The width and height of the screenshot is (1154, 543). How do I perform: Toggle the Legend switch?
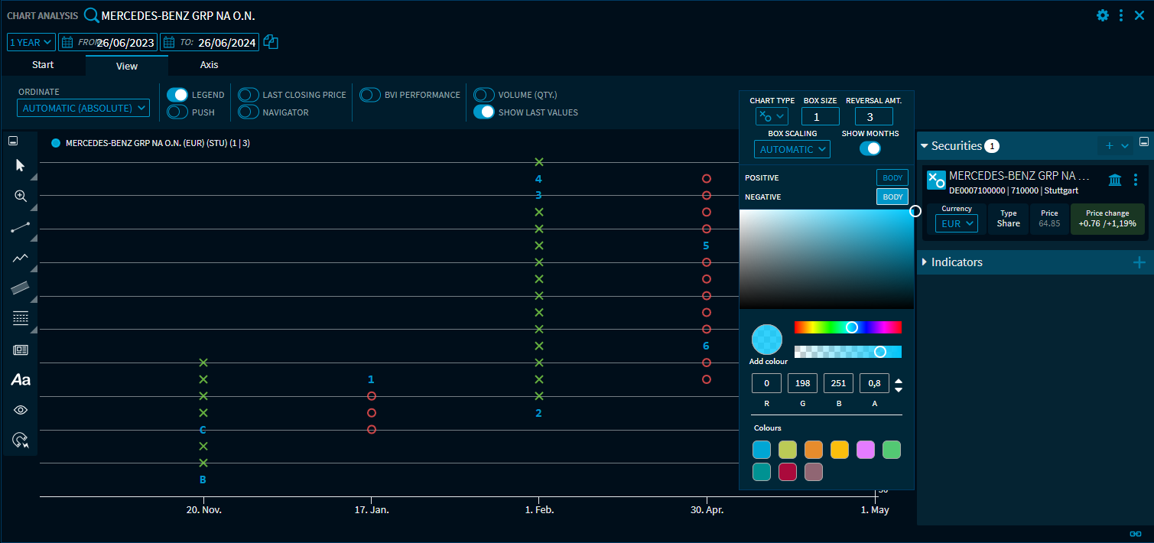pos(177,95)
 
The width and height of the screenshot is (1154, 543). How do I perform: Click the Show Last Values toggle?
pos(484,112)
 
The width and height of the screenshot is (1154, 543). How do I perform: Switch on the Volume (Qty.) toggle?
pos(484,95)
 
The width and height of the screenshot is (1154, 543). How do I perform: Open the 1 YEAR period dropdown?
pos(31,43)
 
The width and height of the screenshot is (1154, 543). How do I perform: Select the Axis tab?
pos(210,65)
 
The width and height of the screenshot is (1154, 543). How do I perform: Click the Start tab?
pos(43,65)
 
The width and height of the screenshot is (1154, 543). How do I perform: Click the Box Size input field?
pos(820,116)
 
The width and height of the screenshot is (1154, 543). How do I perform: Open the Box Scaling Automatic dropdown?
pos(792,149)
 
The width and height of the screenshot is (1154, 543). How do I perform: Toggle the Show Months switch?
pos(870,148)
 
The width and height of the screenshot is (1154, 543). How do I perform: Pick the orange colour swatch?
pos(814,450)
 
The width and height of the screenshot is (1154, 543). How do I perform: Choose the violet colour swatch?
pos(866,450)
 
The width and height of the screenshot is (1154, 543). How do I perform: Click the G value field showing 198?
pos(802,383)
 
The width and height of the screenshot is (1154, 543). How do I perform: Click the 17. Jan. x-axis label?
pos(371,510)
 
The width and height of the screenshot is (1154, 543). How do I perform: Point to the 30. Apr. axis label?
pos(707,510)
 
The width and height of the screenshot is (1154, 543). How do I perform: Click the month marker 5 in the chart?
pos(706,245)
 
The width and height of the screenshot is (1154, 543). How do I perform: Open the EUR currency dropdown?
pos(956,224)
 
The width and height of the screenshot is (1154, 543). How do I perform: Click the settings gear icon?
pos(1103,15)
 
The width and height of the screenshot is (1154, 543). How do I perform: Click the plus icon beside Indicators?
pos(1139,262)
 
